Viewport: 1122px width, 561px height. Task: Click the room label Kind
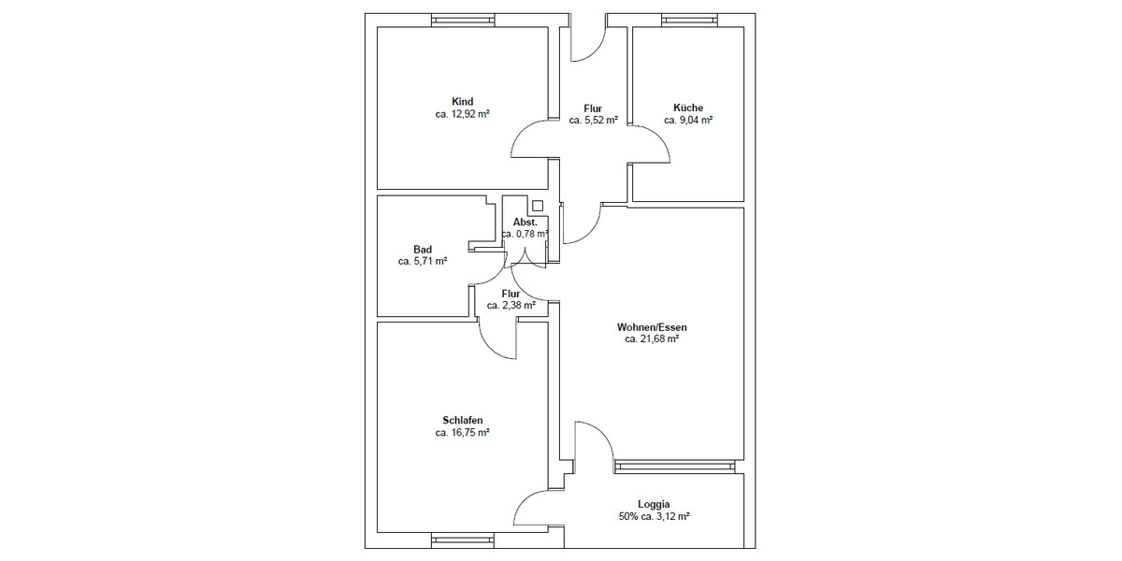point(462,102)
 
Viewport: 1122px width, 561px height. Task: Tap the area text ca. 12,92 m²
point(462,114)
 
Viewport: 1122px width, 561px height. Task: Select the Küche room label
point(688,108)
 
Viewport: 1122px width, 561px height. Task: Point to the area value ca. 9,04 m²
point(688,121)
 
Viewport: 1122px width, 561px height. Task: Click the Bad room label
point(423,250)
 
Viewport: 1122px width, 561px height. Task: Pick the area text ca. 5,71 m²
point(423,262)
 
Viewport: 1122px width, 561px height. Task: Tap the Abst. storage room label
point(525,223)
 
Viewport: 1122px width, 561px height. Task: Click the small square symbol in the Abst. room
point(537,207)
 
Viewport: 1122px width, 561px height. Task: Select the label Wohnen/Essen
point(652,327)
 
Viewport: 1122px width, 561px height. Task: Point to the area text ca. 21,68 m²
point(652,339)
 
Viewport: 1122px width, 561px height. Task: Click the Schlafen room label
point(463,420)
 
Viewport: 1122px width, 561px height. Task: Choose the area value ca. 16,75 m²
point(463,433)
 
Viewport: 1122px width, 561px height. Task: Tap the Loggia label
point(654,504)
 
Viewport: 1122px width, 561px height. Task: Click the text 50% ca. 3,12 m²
point(654,516)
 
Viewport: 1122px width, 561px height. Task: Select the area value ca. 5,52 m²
point(593,121)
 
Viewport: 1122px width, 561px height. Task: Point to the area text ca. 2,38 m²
point(511,306)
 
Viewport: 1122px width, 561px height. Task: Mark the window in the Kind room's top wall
point(462,20)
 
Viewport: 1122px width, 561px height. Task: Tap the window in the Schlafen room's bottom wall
point(462,539)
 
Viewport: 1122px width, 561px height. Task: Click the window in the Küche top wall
point(689,20)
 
